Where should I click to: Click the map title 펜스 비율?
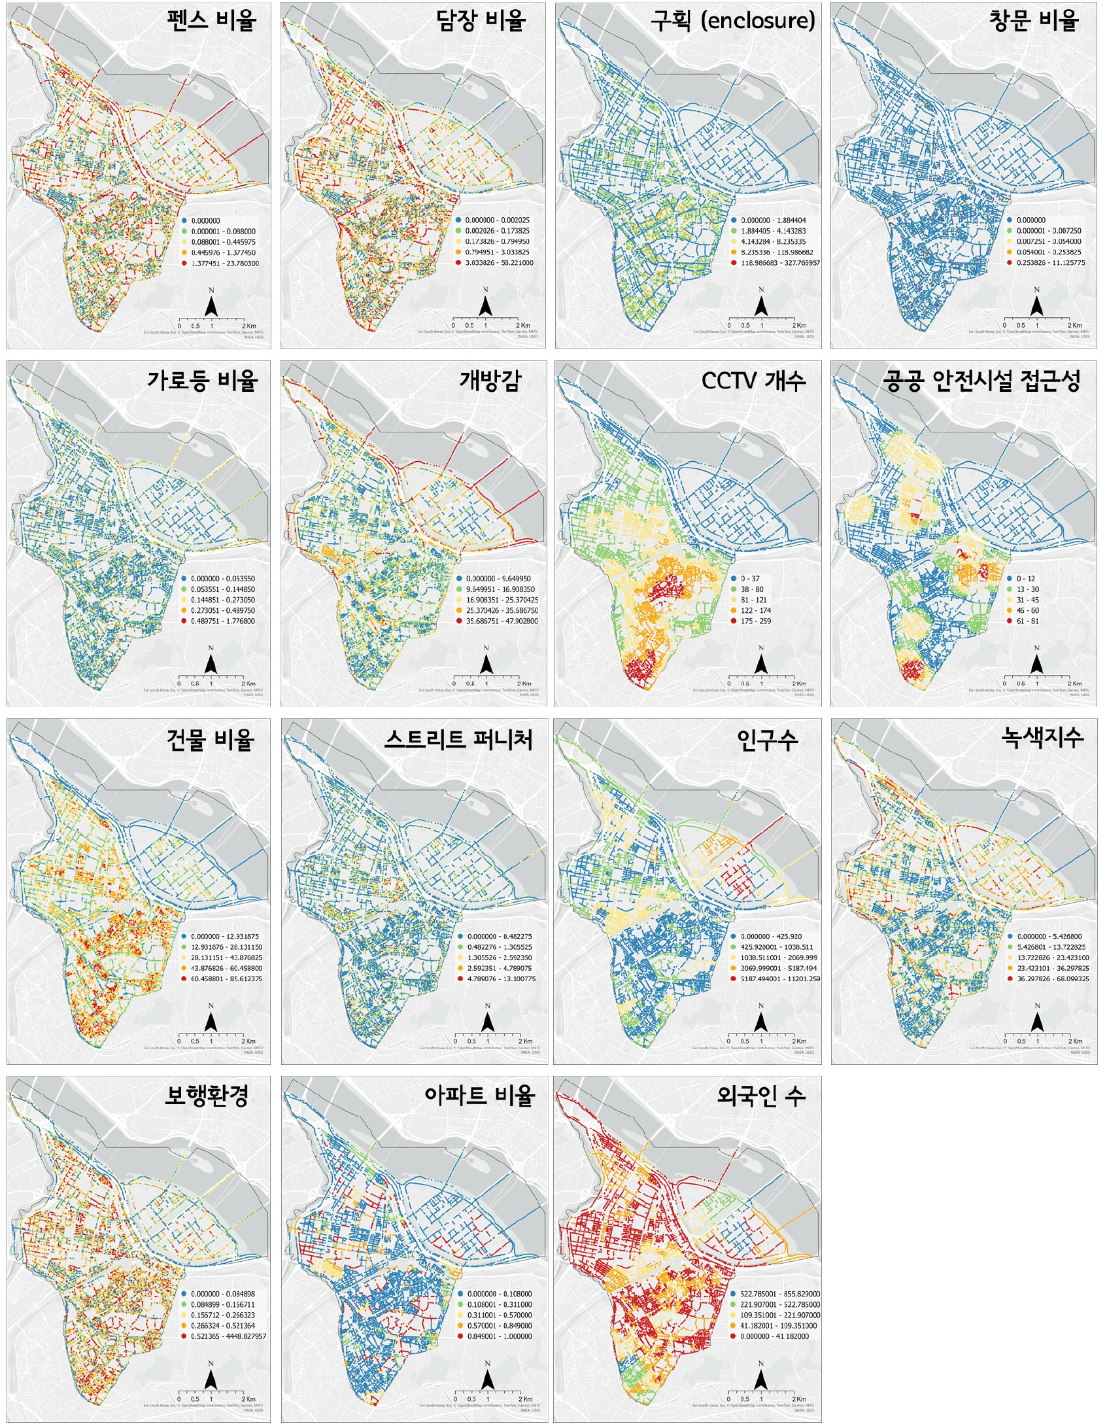point(211,21)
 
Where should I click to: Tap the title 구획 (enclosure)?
point(732,21)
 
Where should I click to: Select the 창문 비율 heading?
point(1033,21)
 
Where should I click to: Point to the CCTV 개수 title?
point(753,380)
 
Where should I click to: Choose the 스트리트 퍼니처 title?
point(458,739)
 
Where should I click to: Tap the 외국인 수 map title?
point(760,1096)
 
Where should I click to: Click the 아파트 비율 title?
point(479,1096)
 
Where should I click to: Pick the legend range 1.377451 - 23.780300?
point(224,263)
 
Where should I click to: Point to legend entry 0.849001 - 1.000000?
point(499,1336)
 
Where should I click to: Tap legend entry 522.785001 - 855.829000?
point(779,1294)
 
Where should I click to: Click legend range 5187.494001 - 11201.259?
point(779,979)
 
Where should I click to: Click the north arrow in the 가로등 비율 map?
point(211,662)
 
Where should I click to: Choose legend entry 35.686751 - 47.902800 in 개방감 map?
point(502,621)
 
